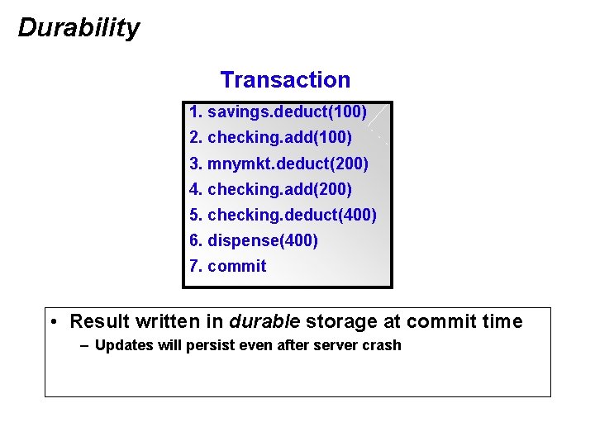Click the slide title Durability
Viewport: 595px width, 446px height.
pyautogui.click(x=79, y=28)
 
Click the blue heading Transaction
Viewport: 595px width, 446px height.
pyautogui.click(x=285, y=80)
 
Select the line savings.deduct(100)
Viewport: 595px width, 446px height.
pyautogui.click(x=278, y=111)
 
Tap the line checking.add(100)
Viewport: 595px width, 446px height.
pyautogui.click(x=270, y=137)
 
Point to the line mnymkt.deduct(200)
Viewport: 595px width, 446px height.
pyautogui.click(x=278, y=164)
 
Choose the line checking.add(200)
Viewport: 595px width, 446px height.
pyautogui.click(x=270, y=189)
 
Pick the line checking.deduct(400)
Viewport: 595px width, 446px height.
pyautogui.click(x=283, y=215)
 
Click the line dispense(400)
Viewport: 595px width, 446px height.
pyautogui.click(x=254, y=240)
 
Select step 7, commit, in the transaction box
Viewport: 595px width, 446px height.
pyautogui.click(x=228, y=266)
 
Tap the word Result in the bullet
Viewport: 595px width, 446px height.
pyautogui.click(x=98, y=321)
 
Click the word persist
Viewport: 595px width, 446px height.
pyautogui.click(x=196, y=345)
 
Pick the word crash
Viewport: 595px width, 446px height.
pyautogui.click(x=381, y=345)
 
